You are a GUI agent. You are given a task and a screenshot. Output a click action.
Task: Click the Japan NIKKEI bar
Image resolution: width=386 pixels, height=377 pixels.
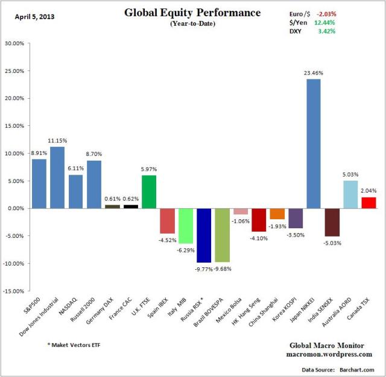[313, 143]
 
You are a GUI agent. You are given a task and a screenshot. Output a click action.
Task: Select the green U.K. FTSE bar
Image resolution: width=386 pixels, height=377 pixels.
[148, 192]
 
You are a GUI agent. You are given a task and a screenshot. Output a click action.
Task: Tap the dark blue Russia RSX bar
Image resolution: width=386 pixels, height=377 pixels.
[204, 235]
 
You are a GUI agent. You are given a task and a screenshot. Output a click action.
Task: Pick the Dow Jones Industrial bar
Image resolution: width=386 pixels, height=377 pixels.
[57, 178]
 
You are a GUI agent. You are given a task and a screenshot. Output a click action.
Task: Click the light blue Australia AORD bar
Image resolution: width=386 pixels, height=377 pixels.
[350, 195]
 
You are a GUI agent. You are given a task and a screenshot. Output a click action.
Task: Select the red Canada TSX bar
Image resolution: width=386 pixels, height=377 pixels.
[368, 203]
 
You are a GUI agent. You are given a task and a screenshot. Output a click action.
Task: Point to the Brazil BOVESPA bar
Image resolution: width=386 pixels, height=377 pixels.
[222, 235]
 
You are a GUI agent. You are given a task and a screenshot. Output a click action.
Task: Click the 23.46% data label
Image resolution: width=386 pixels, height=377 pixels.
[314, 73]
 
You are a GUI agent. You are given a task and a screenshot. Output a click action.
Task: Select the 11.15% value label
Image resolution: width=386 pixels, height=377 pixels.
[57, 140]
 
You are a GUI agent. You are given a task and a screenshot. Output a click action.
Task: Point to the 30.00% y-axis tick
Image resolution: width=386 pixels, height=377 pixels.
[14, 43]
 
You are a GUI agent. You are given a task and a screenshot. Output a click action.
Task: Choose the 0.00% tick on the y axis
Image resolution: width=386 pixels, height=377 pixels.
[15, 208]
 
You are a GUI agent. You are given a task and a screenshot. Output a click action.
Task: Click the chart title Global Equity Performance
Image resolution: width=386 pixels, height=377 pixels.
[192, 13]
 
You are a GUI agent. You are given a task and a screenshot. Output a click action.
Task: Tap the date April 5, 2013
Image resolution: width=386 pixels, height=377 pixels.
[34, 16]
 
